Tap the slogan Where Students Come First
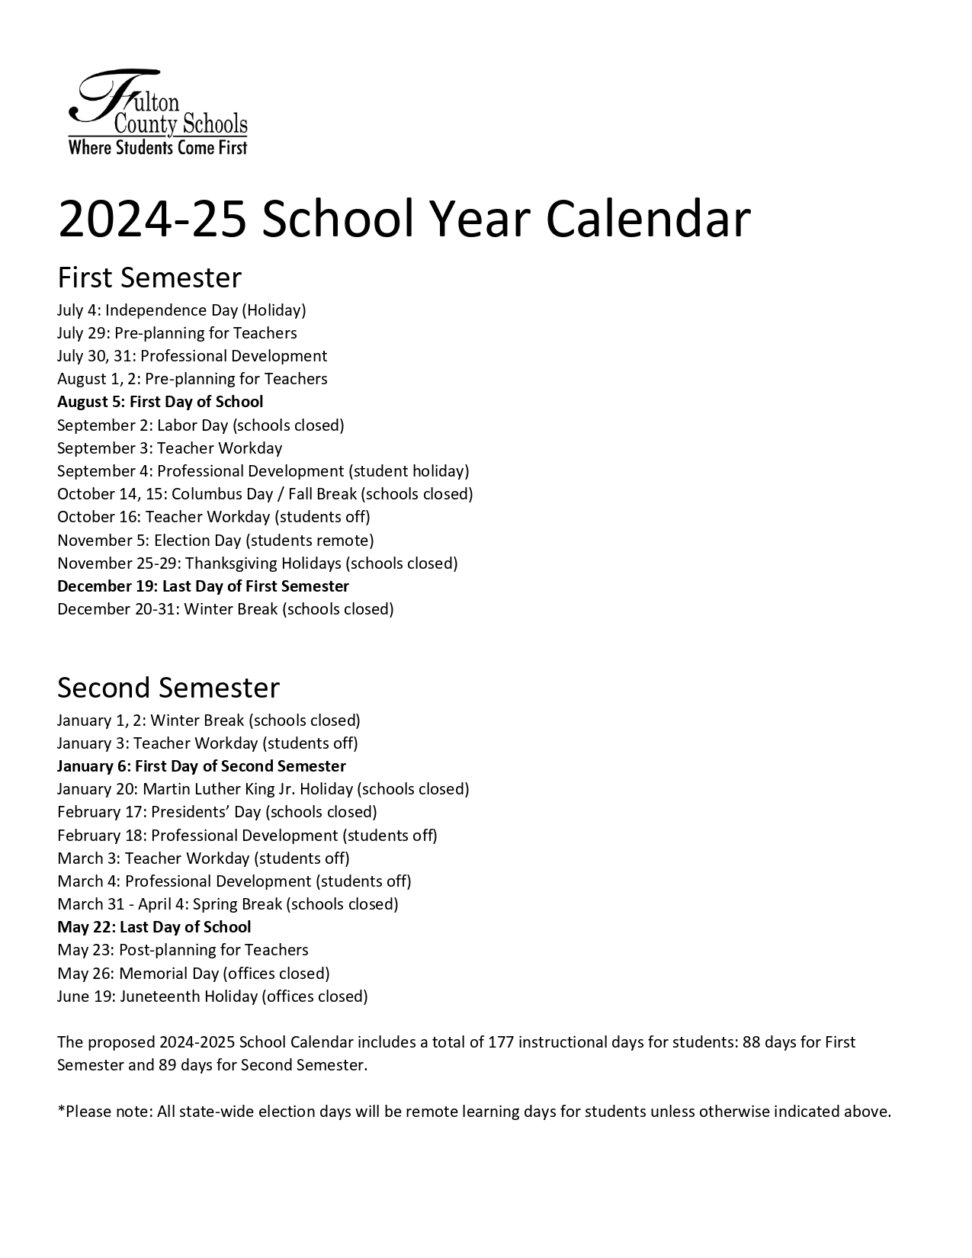158,147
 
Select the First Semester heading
149,278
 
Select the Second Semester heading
168,688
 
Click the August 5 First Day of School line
160,402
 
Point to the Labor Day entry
200,425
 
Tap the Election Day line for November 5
215,541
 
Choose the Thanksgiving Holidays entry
257,563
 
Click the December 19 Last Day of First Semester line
203,586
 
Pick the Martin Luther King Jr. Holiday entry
263,789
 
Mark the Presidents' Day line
217,812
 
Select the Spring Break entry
227,904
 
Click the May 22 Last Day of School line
154,927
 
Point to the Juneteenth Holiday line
212,996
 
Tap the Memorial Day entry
193,974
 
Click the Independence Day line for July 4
181,310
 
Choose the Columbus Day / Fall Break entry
265,494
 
